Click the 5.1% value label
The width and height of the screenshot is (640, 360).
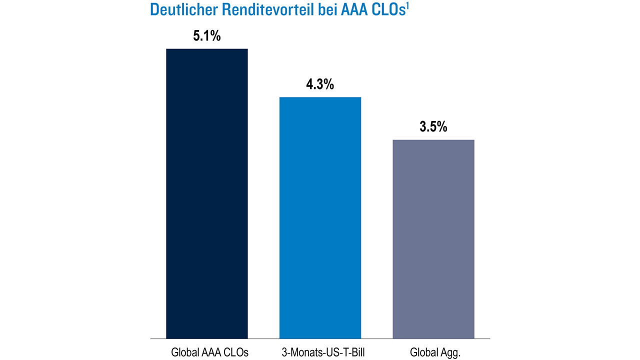click(207, 36)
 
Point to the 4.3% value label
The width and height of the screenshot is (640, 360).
click(320, 84)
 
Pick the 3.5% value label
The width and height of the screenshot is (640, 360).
click(433, 127)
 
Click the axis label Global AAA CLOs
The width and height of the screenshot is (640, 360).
click(209, 352)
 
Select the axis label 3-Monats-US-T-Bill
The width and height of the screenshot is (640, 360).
click(322, 352)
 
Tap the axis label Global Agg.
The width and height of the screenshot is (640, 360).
click(435, 352)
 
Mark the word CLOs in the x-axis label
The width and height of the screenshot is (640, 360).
click(236, 352)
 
